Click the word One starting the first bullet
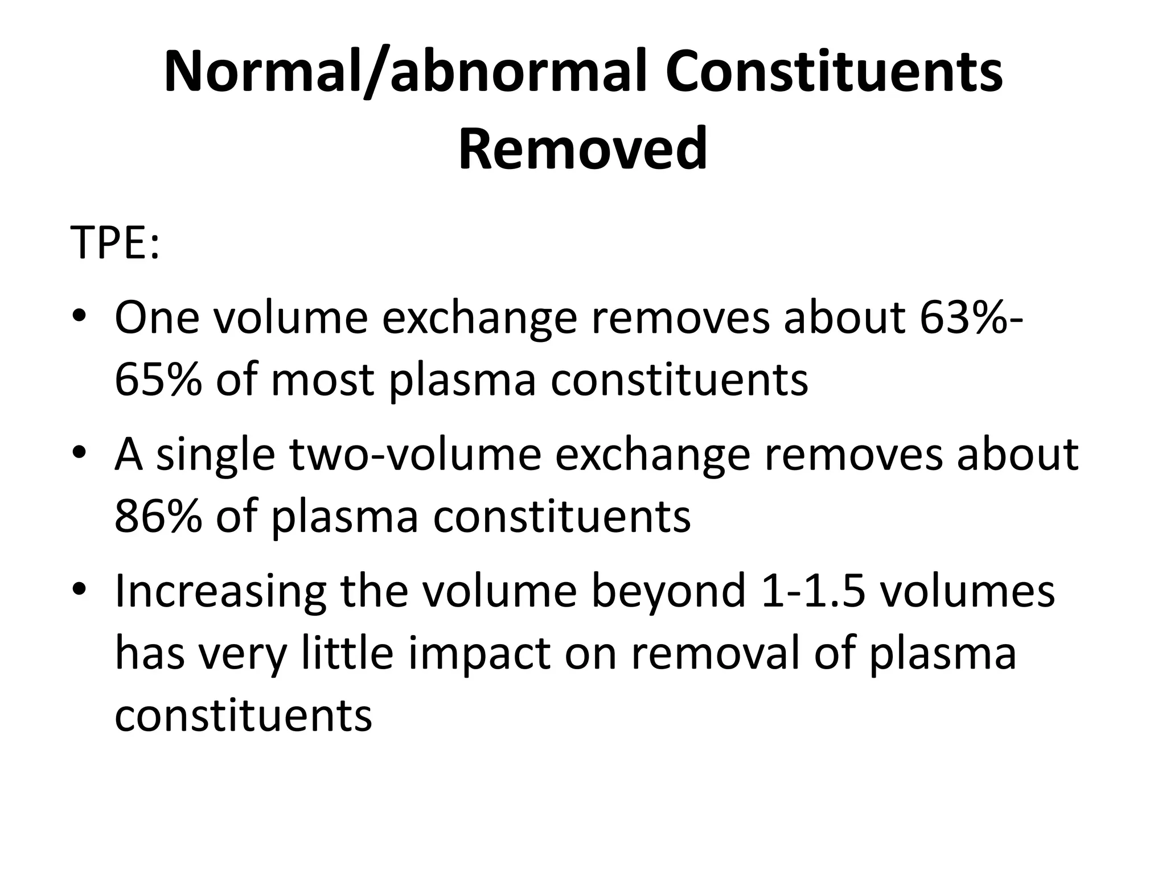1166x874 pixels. [157, 318]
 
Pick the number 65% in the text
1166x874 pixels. [158, 380]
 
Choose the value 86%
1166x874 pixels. [158, 516]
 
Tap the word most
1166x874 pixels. [322, 380]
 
